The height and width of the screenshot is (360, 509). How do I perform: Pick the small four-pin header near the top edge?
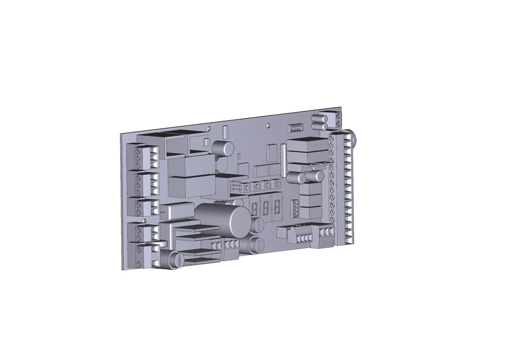[x=295, y=127]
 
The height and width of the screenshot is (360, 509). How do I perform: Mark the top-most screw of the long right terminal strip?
[x=332, y=137]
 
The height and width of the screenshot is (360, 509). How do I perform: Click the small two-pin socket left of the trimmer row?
[x=235, y=187]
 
